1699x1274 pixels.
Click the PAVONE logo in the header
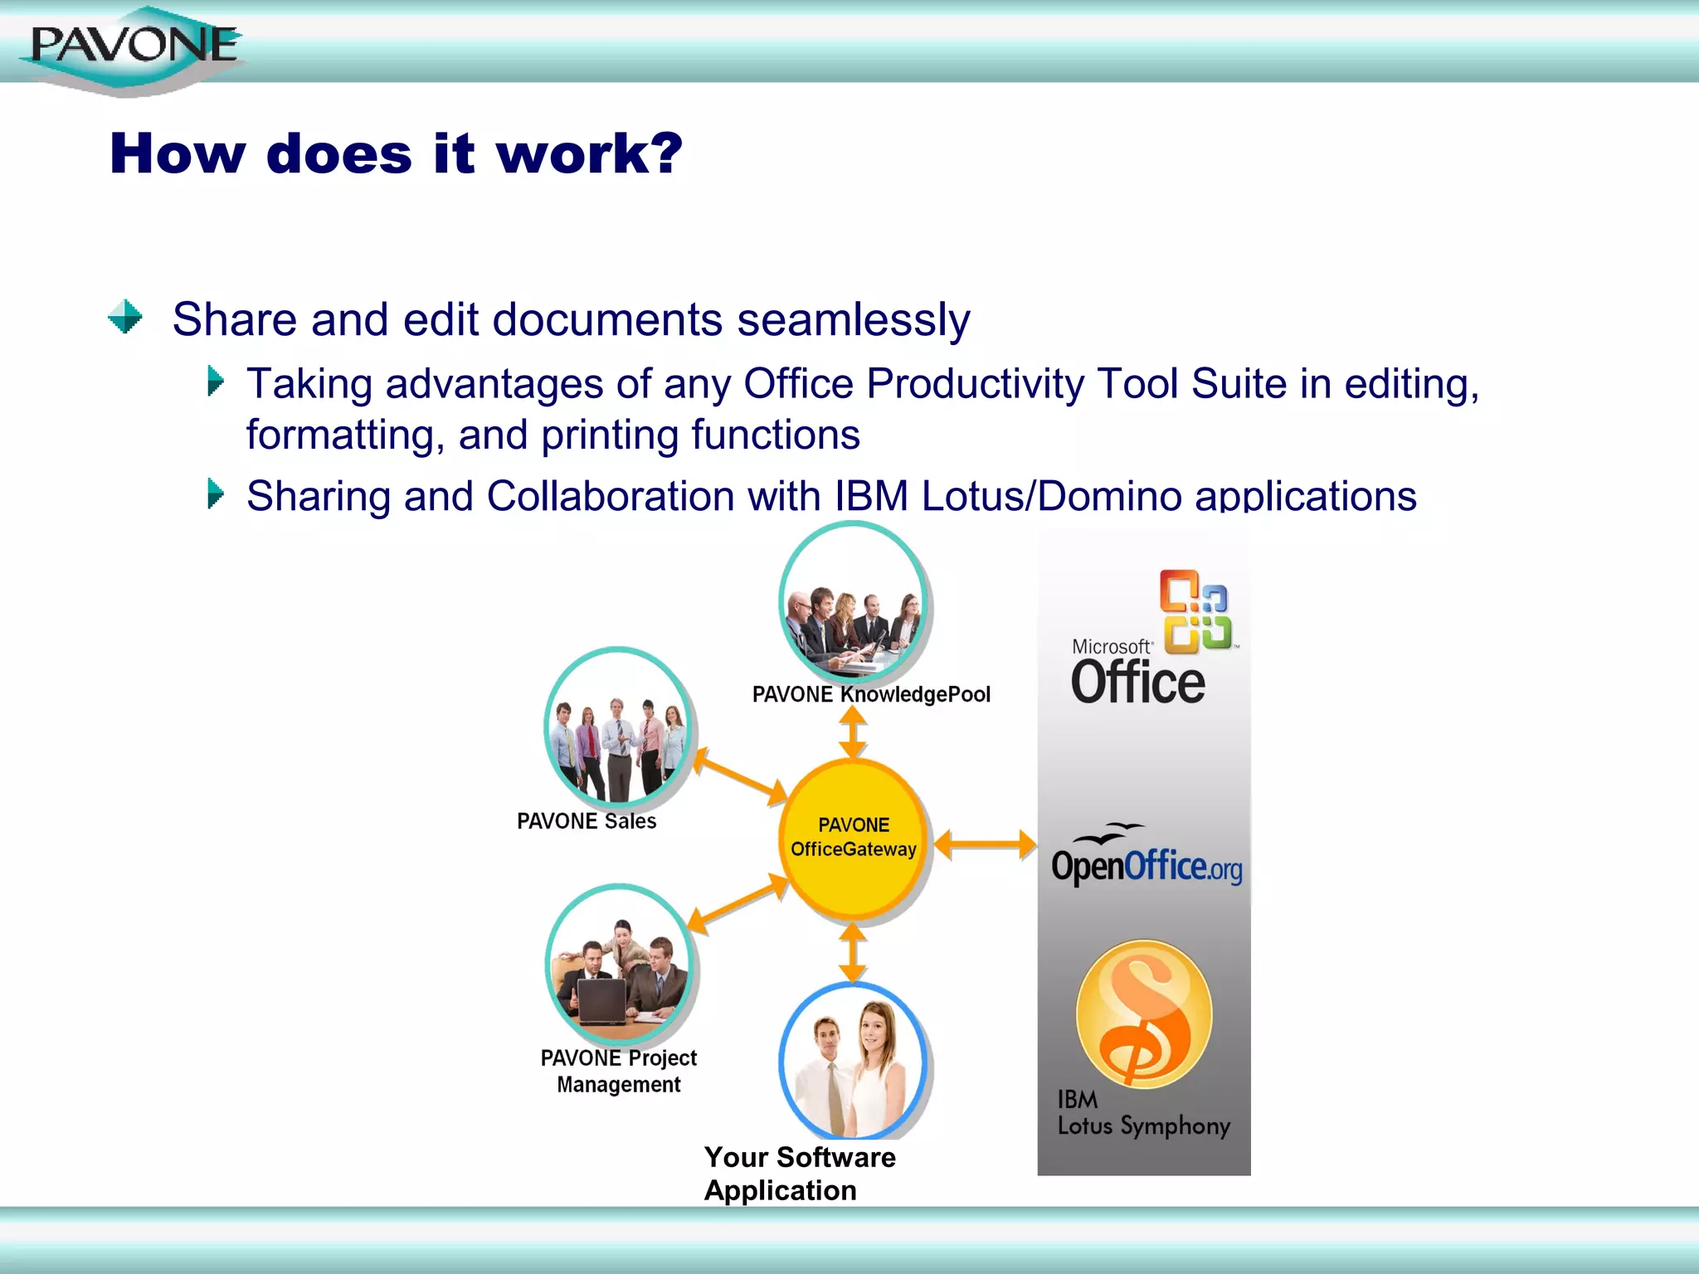click(x=133, y=46)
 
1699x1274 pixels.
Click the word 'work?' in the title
click(x=589, y=154)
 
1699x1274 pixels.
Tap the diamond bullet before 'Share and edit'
click(x=125, y=317)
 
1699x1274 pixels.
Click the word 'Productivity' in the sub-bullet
click(x=975, y=384)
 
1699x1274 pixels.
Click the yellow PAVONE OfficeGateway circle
click(x=853, y=838)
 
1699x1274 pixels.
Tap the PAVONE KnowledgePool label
click(x=871, y=694)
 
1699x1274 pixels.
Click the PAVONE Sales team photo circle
click(x=617, y=727)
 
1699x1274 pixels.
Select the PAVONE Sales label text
click(x=587, y=821)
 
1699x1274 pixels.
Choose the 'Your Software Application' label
click(x=799, y=1173)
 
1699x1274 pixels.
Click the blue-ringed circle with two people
click(x=853, y=1062)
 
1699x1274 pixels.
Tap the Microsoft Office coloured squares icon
click(x=1195, y=611)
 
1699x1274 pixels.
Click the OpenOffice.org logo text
click(x=1146, y=866)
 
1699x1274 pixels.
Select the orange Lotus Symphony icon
click(x=1143, y=1014)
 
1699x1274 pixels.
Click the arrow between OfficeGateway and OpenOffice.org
click(x=985, y=845)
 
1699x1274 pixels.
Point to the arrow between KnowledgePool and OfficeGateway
click(x=853, y=732)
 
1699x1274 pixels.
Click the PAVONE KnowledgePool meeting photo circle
click(x=853, y=601)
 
